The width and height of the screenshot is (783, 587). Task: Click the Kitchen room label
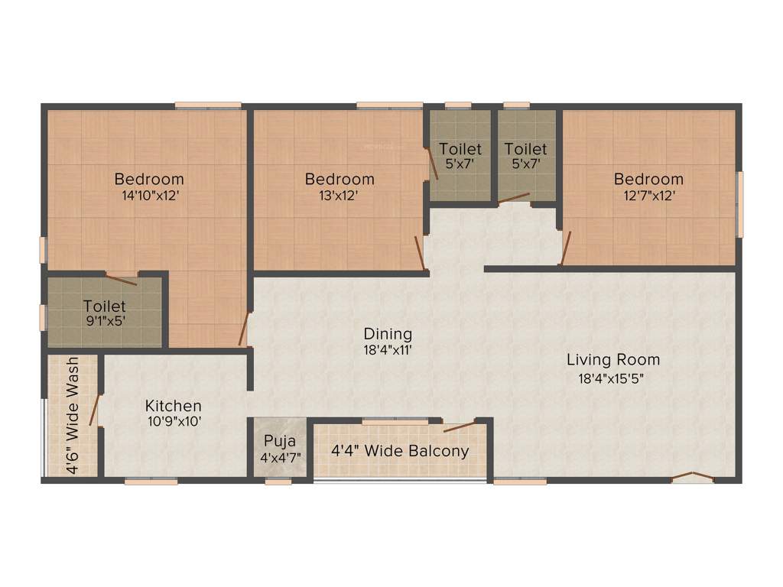(174, 406)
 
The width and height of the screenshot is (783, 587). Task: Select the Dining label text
(388, 334)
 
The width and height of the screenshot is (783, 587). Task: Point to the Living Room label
(612, 359)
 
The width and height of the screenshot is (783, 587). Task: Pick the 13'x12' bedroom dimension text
(340, 195)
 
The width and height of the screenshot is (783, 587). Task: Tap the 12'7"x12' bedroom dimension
(648, 195)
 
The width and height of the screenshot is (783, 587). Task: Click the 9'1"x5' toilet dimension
(104, 321)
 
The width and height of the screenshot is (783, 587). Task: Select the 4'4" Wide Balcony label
(400, 451)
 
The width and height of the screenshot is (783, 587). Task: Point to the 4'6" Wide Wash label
(73, 416)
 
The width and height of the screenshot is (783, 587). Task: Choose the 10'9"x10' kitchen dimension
(174, 421)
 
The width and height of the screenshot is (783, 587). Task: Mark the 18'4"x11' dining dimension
(388, 350)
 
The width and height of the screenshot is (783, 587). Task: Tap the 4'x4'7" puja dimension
(281, 457)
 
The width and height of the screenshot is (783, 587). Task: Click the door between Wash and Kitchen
(95, 409)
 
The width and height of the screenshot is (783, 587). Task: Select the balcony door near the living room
(459, 425)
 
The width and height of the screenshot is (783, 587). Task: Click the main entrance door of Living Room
(692, 478)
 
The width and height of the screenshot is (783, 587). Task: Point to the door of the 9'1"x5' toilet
(121, 279)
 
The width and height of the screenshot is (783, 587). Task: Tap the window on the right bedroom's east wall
(739, 204)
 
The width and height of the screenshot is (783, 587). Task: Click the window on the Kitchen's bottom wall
(151, 481)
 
